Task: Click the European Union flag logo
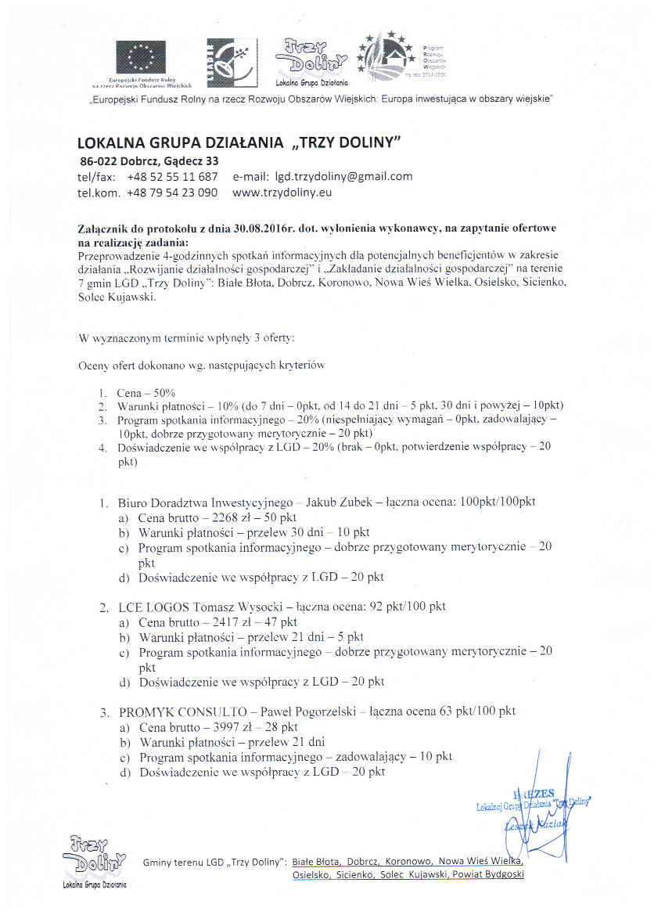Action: (142, 57)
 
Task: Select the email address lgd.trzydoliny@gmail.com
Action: (338, 177)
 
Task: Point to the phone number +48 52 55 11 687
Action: (172, 177)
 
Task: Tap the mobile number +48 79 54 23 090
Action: (172, 192)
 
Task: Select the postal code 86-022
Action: (99, 161)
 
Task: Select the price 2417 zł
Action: (220, 622)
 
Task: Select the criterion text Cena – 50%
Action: (146, 391)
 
